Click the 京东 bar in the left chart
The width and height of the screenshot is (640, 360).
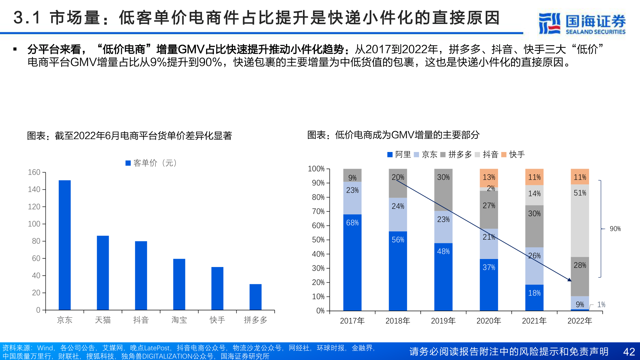click(x=65, y=245)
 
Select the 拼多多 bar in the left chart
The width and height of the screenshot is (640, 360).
click(x=255, y=297)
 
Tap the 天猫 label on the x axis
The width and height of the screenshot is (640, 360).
click(x=103, y=320)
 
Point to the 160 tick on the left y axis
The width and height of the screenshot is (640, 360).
click(x=34, y=172)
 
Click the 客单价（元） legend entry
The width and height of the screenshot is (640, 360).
click(x=152, y=163)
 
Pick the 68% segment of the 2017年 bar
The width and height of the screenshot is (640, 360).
click(x=352, y=262)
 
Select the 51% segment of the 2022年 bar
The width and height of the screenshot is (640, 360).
click(x=580, y=221)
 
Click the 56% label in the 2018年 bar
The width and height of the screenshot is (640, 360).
click(x=398, y=240)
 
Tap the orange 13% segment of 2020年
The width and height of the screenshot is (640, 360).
click(x=489, y=178)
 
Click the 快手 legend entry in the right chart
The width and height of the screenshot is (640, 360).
click(x=513, y=154)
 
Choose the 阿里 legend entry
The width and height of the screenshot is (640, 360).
click(x=399, y=154)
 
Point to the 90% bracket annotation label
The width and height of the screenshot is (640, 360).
click(x=615, y=229)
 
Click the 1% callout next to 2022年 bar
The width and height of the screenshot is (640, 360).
click(x=601, y=304)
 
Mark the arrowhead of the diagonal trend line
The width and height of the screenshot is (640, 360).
click(x=570, y=280)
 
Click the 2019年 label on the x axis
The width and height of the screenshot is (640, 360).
click(x=443, y=321)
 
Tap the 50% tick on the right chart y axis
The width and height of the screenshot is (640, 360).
click(x=318, y=240)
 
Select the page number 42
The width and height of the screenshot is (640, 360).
click(x=629, y=352)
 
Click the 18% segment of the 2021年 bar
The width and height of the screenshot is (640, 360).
click(x=534, y=297)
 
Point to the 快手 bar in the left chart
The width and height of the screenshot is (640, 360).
click(x=217, y=288)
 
